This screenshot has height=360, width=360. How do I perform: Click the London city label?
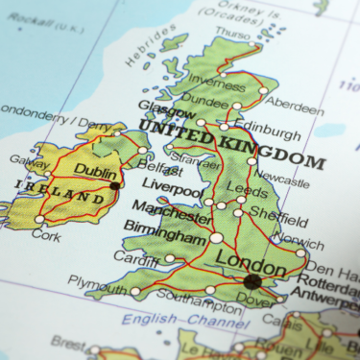point(252,259)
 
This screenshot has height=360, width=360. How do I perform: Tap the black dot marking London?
point(252,281)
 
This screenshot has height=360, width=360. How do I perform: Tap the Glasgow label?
point(161,108)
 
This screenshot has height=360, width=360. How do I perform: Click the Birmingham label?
point(166,235)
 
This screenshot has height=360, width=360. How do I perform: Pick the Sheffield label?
point(279,220)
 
